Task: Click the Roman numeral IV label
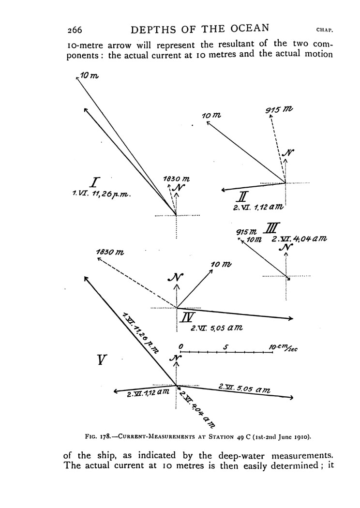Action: coord(188,317)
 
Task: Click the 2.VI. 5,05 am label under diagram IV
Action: coord(216,328)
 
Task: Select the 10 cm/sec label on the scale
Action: coord(283,347)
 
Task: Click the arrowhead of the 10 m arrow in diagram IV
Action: coord(212,270)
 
